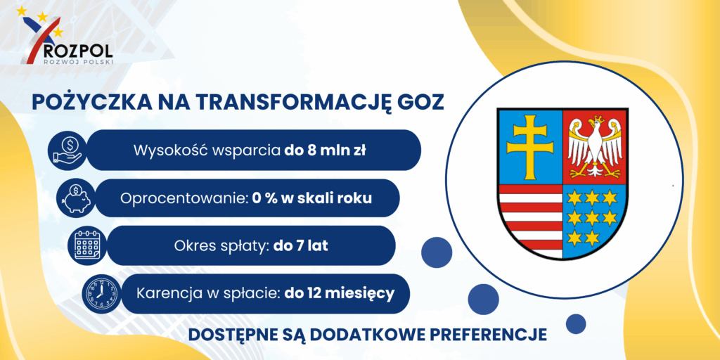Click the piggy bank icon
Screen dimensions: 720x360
(75, 198)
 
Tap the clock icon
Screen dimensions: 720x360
(100, 294)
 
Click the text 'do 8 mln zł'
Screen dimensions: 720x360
(325, 150)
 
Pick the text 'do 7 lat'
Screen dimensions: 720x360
(301, 245)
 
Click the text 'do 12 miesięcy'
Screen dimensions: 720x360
(340, 293)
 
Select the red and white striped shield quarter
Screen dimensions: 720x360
(530, 219)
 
